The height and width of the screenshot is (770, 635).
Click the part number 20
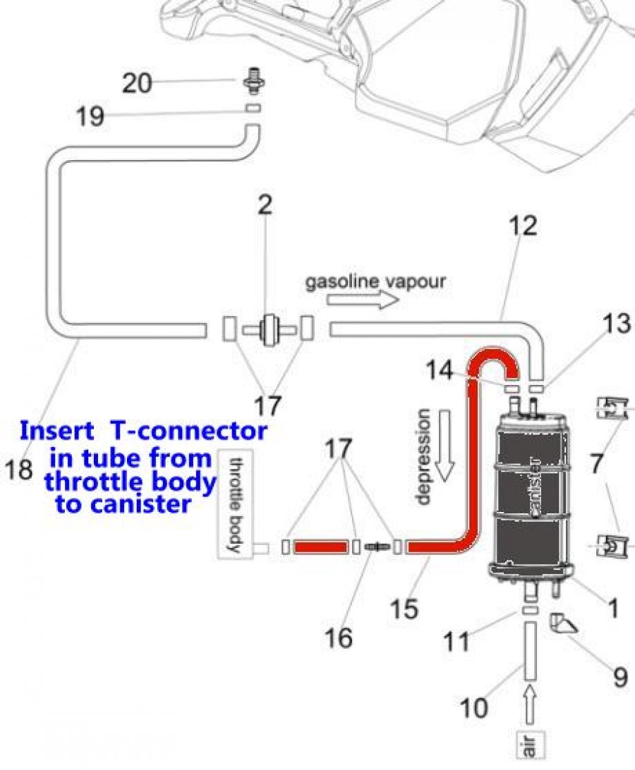pos(137,83)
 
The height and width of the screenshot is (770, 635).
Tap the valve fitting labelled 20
pos(255,81)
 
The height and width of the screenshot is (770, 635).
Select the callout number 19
pos(90,117)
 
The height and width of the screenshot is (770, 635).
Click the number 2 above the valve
pos(265,204)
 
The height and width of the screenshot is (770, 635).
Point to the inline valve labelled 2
pos(269,329)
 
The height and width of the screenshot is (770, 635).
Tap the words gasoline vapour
pos(375,281)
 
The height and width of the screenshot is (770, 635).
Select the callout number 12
pos(522,226)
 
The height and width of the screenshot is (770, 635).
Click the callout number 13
pos(617,324)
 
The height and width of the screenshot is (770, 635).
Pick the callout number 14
pos(440,369)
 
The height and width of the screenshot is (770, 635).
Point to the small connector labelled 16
pos(377,546)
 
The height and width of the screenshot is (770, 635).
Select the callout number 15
pos(404,609)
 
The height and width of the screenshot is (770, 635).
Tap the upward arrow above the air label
pos(530,705)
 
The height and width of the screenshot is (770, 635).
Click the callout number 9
pos(621,678)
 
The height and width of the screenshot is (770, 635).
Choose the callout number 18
pos(18,469)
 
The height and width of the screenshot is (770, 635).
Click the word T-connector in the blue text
pos(188,431)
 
